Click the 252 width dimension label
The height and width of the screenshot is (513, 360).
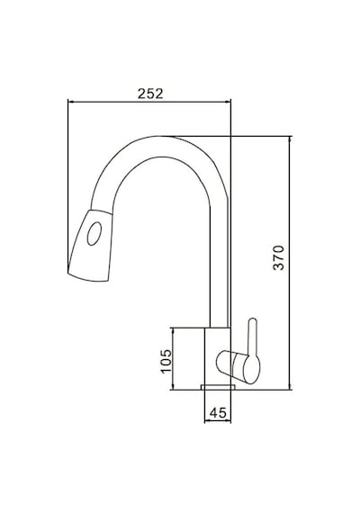point(150,94)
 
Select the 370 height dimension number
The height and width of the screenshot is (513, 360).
point(279,257)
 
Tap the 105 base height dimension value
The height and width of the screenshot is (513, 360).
point(166,361)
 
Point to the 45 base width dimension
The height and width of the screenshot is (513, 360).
point(218,413)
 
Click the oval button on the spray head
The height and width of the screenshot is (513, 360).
point(94,234)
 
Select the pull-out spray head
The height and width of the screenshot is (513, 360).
point(90,245)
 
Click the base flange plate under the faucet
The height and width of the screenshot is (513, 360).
point(218,387)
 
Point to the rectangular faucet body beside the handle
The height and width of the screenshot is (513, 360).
point(218,356)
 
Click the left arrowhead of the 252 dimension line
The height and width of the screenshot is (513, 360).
point(69,102)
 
